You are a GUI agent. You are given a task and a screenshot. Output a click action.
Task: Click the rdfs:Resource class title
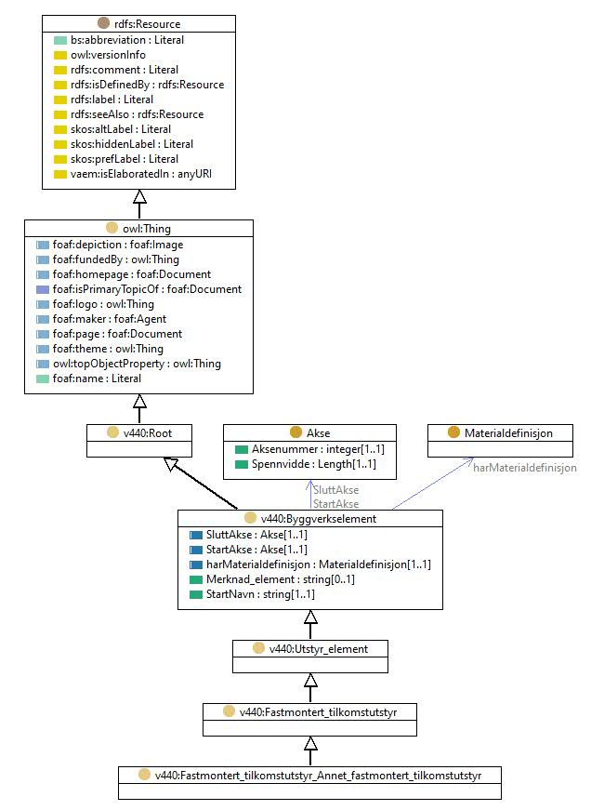pos(147,24)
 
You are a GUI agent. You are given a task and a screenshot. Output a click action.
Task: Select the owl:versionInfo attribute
pos(108,55)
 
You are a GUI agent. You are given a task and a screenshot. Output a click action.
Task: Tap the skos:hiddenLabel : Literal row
pos(132,144)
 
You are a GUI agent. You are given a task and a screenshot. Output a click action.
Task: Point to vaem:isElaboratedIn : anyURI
pos(141,174)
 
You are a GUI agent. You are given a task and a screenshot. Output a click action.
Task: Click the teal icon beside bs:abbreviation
pos(60,40)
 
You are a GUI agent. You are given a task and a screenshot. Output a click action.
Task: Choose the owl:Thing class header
pos(147,229)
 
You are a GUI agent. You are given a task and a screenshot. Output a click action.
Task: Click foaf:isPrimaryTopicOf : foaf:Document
pos(147,289)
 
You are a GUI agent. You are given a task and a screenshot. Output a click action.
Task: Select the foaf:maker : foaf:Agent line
pos(110,319)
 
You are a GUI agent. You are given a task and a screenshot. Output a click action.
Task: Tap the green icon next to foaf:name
pos(43,379)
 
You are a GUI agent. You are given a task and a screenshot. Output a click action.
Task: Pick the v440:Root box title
pos(147,432)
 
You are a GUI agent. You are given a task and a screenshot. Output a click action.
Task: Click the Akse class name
pos(318,432)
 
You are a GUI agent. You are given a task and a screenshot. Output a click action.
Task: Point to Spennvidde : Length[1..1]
pos(314,464)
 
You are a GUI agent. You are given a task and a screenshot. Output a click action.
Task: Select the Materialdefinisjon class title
pos(508,432)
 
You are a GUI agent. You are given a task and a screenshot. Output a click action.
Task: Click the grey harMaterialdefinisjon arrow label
pos(525,468)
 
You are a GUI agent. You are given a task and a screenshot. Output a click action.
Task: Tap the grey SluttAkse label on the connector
pos(336,490)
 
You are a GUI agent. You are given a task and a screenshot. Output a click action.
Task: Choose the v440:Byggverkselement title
pos(319,519)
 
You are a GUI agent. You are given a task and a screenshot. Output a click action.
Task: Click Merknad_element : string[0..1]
pos(281,579)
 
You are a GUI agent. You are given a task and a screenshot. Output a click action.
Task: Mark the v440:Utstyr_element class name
pos(319,649)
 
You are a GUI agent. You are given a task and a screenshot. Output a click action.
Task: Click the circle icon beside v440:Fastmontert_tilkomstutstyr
pos(230,711)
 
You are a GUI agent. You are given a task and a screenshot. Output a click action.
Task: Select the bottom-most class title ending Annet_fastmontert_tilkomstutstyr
pos(318,776)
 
